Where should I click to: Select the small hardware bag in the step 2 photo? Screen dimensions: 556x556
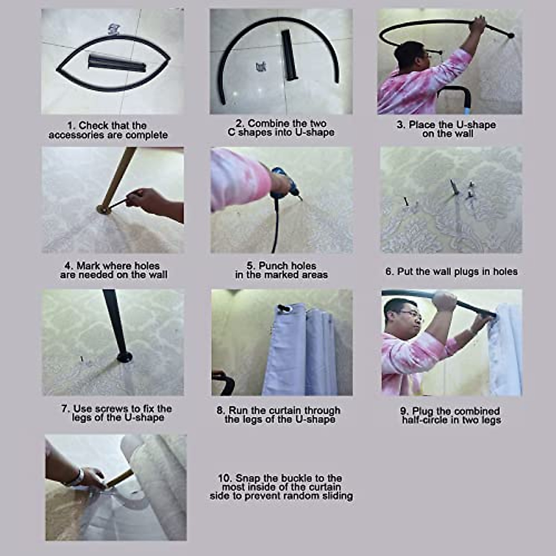[259, 67]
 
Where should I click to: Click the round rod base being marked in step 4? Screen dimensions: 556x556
[104, 210]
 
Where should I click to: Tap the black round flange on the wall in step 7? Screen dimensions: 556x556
[124, 357]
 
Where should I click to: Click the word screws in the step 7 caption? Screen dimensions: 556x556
[112, 409]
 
